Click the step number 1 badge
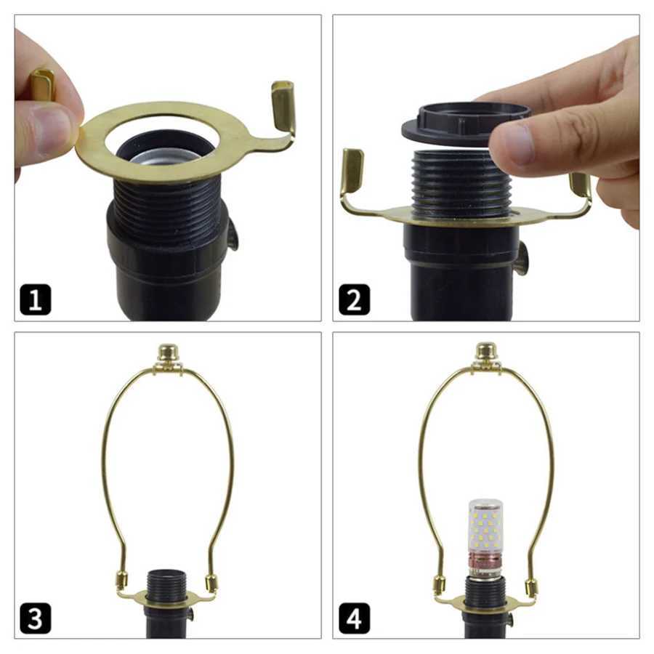(35, 299)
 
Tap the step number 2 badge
(353, 299)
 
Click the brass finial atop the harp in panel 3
(169, 355)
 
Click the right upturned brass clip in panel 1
(283, 106)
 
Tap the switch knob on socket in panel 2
(522, 258)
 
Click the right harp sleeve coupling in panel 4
(531, 586)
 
